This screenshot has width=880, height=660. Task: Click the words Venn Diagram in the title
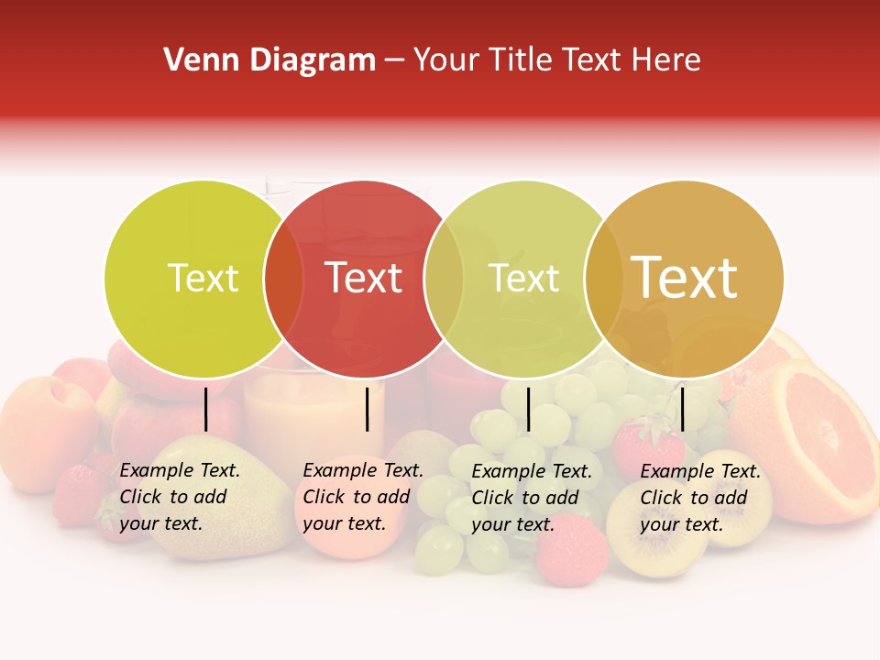click(x=269, y=60)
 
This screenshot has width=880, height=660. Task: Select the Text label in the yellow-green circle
click(x=203, y=279)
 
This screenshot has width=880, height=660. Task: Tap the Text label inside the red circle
click(x=364, y=279)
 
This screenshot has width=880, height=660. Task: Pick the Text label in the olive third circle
click(x=524, y=279)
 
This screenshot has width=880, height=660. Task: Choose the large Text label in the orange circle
click(x=685, y=277)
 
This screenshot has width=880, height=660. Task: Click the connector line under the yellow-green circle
click(x=206, y=409)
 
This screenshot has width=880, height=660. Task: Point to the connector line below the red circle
click(x=367, y=409)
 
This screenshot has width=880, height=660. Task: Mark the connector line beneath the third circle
click(x=528, y=409)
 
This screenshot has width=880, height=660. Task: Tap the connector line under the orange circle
click(x=682, y=409)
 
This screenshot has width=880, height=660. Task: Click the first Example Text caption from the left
click(x=180, y=497)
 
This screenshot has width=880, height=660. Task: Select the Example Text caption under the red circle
click(x=363, y=497)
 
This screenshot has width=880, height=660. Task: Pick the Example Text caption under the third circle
click(x=532, y=498)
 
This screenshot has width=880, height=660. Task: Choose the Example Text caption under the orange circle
click(x=700, y=498)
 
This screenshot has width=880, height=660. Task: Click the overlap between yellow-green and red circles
click(x=284, y=279)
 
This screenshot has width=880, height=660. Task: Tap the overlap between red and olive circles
click(x=445, y=279)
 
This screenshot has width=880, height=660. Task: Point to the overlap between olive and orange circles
click(x=604, y=279)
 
